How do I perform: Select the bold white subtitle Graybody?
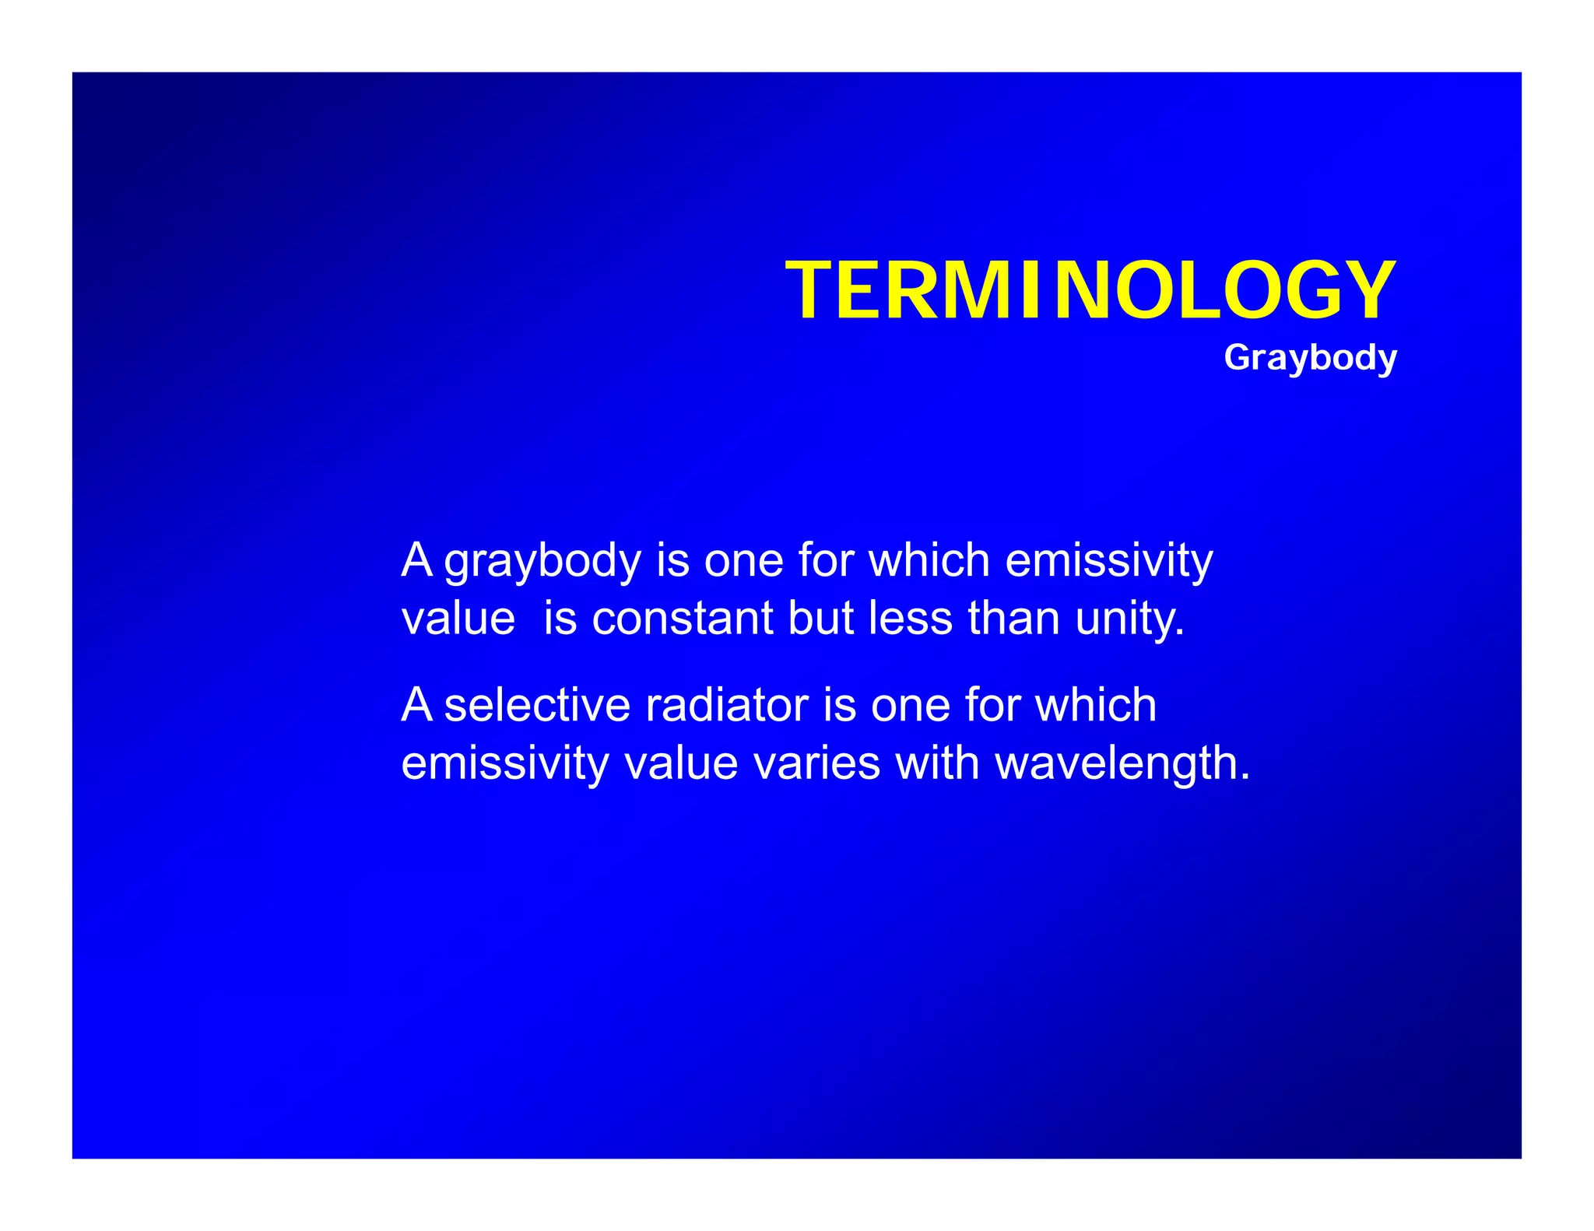[1310, 358]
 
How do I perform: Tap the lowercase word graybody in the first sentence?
[542, 561]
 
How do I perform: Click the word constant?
[682, 619]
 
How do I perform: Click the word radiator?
[727, 705]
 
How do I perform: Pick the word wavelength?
[1122, 765]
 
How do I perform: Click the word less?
[910, 619]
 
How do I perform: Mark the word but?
[820, 619]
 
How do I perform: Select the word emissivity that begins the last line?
[504, 765]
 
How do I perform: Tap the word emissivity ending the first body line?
[1108, 561]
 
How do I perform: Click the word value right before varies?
[681, 763]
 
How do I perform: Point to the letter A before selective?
[416, 705]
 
